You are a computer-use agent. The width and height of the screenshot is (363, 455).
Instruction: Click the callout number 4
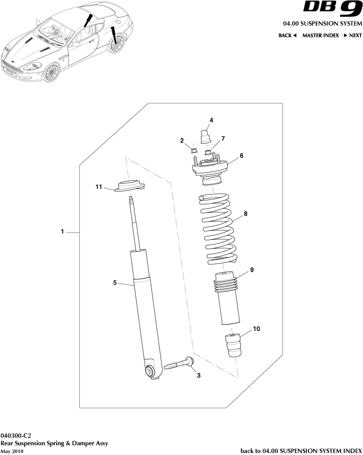[x=211, y=120]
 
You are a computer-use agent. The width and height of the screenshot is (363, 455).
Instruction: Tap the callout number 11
[x=99, y=187]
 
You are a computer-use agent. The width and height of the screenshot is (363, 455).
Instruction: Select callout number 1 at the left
[x=63, y=231]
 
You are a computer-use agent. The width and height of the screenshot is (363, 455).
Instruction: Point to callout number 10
[x=257, y=328]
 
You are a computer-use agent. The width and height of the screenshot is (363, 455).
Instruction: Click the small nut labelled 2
[x=194, y=149]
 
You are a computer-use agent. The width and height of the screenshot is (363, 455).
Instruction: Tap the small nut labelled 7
[x=208, y=151]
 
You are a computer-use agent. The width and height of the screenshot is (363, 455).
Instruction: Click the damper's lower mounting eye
[x=151, y=370]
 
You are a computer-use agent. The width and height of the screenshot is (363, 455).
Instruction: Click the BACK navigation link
[x=287, y=35]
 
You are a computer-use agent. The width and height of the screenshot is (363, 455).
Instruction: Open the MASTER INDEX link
[x=320, y=35]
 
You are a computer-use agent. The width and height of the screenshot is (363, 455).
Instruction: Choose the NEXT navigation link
[x=353, y=35]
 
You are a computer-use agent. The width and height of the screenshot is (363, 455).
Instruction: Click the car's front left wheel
[x=51, y=73]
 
